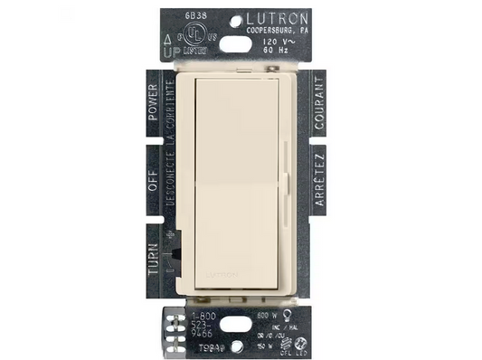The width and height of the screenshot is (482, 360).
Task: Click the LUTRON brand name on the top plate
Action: coord(277,18)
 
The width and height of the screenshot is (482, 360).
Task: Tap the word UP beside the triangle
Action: coord(167,53)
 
